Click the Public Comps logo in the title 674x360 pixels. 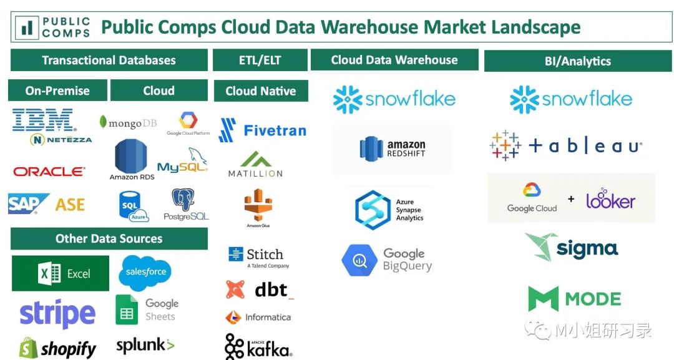(x=55, y=27)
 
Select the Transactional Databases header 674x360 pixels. (x=109, y=61)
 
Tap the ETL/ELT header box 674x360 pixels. (x=260, y=61)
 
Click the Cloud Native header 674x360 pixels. (x=260, y=91)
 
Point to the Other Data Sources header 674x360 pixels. (x=109, y=238)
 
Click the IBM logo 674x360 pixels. (x=43, y=120)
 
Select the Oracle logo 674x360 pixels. (x=49, y=171)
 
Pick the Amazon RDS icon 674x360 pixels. (x=131, y=157)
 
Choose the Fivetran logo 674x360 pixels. (x=263, y=130)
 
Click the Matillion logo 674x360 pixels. (x=255, y=163)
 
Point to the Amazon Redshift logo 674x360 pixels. (x=393, y=148)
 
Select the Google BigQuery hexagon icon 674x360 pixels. (x=359, y=260)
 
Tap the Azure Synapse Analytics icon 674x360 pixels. (x=373, y=210)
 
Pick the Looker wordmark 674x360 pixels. (x=610, y=200)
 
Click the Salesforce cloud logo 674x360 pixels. (x=145, y=271)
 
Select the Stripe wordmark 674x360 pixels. (x=57, y=314)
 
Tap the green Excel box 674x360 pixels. (x=61, y=273)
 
